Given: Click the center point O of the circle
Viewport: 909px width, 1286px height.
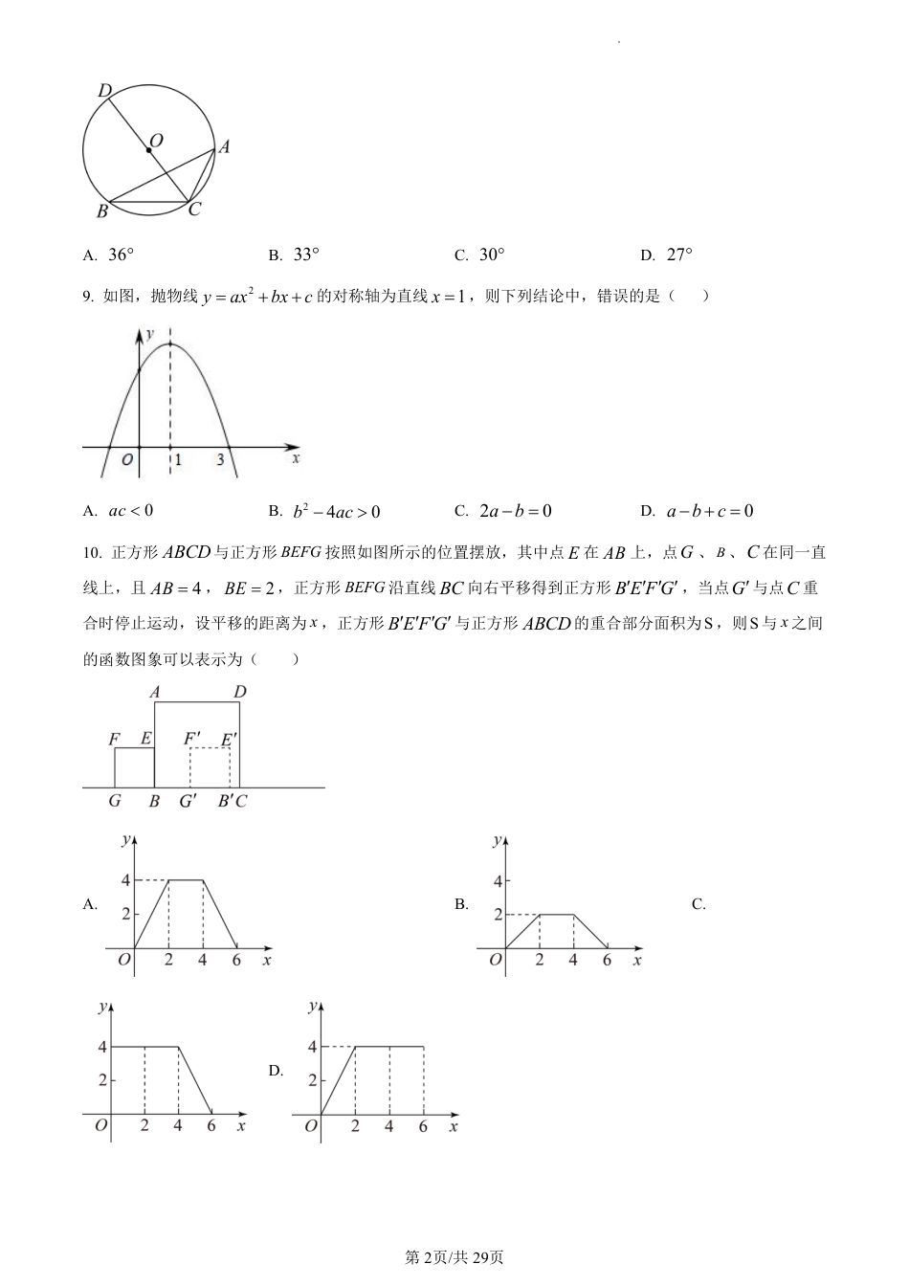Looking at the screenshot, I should pos(148,149).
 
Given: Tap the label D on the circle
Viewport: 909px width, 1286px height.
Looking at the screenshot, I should pos(104,91).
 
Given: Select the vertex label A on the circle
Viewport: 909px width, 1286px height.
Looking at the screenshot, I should pos(224,146).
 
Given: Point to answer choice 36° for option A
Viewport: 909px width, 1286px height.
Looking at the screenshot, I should pos(121,255).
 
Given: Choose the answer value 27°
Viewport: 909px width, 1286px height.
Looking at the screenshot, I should pos(678,255).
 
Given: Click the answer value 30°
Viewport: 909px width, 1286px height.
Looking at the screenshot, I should pos(492,255).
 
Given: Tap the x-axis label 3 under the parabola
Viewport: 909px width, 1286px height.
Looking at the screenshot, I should pos(220,460).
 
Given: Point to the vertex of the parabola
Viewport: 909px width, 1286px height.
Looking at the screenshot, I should pos(170,343).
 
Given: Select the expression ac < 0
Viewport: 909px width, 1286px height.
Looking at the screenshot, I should pos(131,511).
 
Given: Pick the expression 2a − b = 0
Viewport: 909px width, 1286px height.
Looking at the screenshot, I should pos(516,511).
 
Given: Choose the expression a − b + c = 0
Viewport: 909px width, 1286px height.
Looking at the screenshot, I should pos(709,511).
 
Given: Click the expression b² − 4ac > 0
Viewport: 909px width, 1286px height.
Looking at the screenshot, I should pos(336,511).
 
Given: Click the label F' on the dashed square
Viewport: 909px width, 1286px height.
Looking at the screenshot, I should pos(192,738).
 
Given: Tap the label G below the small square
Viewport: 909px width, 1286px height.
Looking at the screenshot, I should pos(115,801).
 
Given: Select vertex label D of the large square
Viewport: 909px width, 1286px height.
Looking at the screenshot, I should pos(239,692).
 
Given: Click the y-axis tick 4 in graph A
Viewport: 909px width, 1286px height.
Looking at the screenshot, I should pos(124,880).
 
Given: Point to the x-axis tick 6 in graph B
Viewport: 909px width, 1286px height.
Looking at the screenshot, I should pos(607,960).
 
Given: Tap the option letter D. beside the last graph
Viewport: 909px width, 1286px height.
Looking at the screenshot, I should pos(276,1071).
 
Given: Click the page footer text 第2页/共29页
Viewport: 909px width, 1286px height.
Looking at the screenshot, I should pos(454,1256).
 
